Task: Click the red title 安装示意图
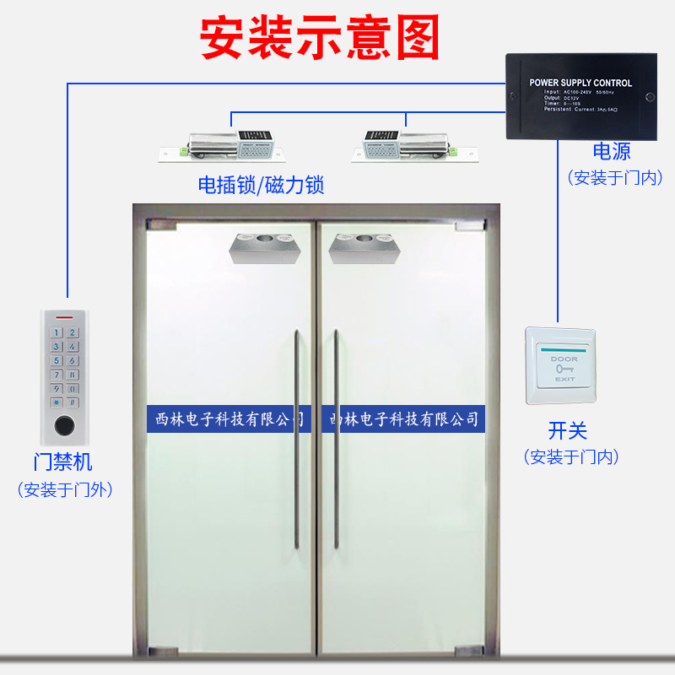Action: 320,38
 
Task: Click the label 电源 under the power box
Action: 612,152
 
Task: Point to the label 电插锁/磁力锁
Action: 261,185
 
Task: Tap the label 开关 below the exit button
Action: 567,430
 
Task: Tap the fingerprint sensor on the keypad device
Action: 64,425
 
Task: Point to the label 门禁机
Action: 63,462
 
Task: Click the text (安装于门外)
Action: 65,489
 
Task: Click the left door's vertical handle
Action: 296,439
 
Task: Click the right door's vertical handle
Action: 335,439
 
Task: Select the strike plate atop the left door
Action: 262,248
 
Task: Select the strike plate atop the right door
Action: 364,248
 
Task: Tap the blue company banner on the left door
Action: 229,418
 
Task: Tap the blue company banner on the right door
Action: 403,418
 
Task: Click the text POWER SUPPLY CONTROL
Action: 580,83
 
